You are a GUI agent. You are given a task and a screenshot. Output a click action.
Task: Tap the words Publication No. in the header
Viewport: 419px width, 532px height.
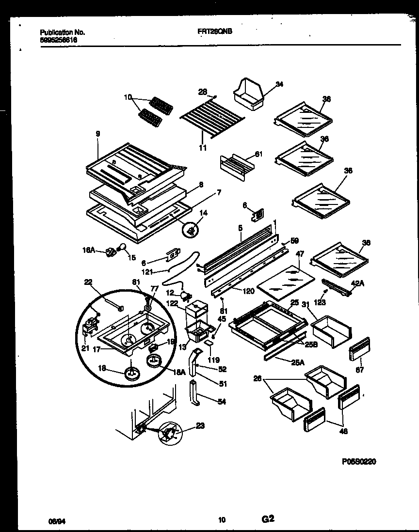(x=63, y=32)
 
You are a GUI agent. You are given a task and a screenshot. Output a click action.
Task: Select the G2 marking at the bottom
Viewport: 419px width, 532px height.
(x=268, y=519)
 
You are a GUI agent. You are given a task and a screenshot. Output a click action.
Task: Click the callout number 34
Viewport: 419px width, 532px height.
(x=279, y=85)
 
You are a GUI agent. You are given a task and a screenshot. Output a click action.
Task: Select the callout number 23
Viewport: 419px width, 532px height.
(x=200, y=426)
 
